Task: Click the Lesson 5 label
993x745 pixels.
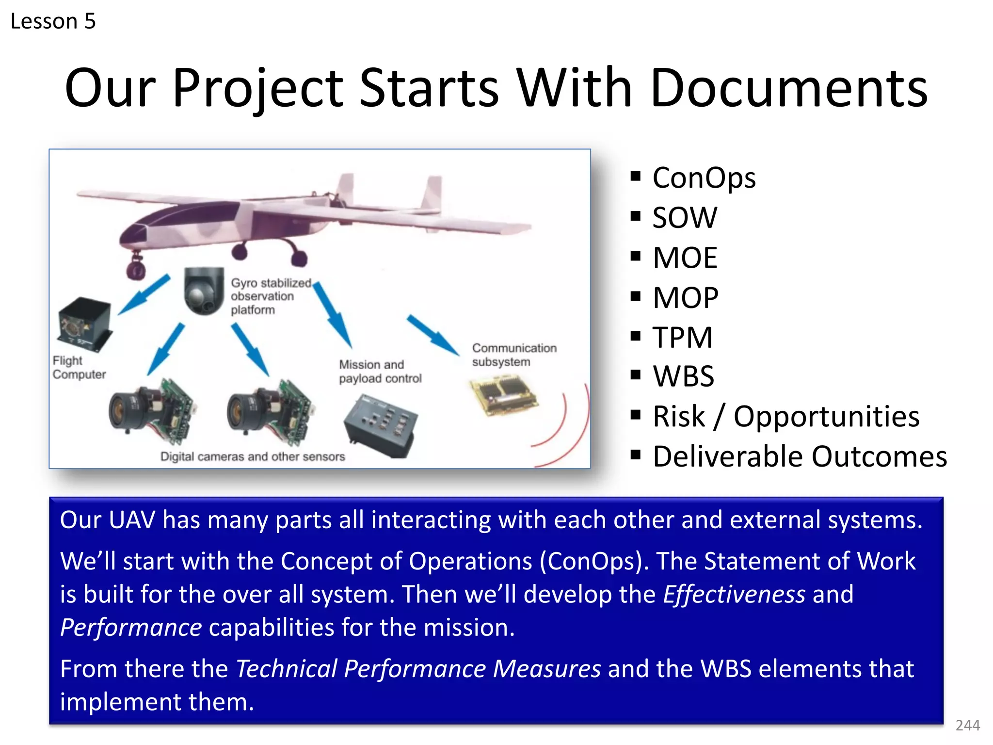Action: coord(53,21)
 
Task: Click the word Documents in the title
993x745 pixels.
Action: coord(788,88)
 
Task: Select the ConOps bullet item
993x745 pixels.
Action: coord(704,178)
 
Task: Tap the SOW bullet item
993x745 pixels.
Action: coord(684,217)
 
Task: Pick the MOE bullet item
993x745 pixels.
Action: coord(685,258)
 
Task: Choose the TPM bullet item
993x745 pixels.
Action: coord(682,337)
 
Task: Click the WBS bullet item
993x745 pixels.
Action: coord(683,376)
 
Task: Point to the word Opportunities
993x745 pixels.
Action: coord(826,417)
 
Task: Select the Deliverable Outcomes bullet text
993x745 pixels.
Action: coord(799,456)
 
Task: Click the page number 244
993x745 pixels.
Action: coord(967,725)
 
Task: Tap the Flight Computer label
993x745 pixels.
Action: coord(79,368)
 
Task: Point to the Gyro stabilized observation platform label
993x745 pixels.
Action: coord(270,296)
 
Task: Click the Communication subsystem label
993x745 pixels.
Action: coord(513,355)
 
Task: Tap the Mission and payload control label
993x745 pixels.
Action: coord(380,372)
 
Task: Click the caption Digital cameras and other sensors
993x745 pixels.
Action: coord(253,456)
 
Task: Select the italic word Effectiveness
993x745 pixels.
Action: coord(734,595)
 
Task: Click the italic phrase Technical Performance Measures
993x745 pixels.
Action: coord(418,669)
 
